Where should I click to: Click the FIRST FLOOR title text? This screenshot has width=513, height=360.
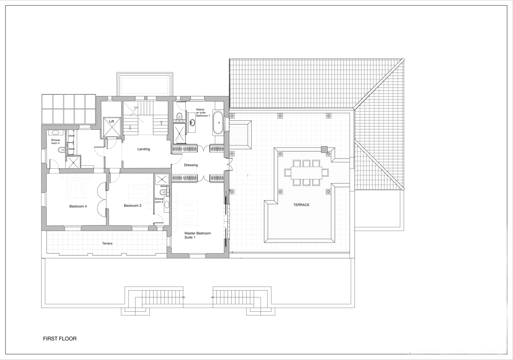pyautogui.click(x=60, y=339)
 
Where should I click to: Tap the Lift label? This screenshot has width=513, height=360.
pyautogui.click(x=111, y=121)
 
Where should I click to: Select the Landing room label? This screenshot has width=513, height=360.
pyautogui.click(x=144, y=149)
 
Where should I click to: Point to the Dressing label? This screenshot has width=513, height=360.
pyautogui.click(x=191, y=165)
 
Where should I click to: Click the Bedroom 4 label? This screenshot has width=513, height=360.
pyautogui.click(x=78, y=206)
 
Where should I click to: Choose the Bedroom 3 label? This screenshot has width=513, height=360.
pyautogui.click(x=133, y=206)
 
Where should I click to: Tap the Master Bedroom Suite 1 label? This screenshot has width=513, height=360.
pyautogui.click(x=198, y=235)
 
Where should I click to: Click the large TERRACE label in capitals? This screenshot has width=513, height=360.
pyautogui.click(x=301, y=205)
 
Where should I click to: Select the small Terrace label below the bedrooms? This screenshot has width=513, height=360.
pyautogui.click(x=107, y=243)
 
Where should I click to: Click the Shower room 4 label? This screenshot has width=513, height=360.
pyautogui.click(x=55, y=142)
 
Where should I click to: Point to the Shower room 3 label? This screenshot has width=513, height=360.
pyautogui.click(x=159, y=200)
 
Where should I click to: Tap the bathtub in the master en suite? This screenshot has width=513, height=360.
pyautogui.click(x=218, y=123)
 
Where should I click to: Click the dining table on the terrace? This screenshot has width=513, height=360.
pyautogui.click(x=306, y=173)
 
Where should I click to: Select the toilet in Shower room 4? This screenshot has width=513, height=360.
pyautogui.click(x=62, y=150)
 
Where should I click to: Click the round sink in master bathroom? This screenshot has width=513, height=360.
pyautogui.click(x=192, y=122)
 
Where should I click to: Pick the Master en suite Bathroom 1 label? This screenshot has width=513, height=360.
pyautogui.click(x=203, y=113)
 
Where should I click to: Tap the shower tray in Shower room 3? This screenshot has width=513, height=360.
pyautogui.click(x=162, y=179)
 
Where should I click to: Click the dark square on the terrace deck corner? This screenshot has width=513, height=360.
pyautogui.click(x=324, y=150)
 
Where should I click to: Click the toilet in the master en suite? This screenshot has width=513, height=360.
pyautogui.click(x=180, y=115)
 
